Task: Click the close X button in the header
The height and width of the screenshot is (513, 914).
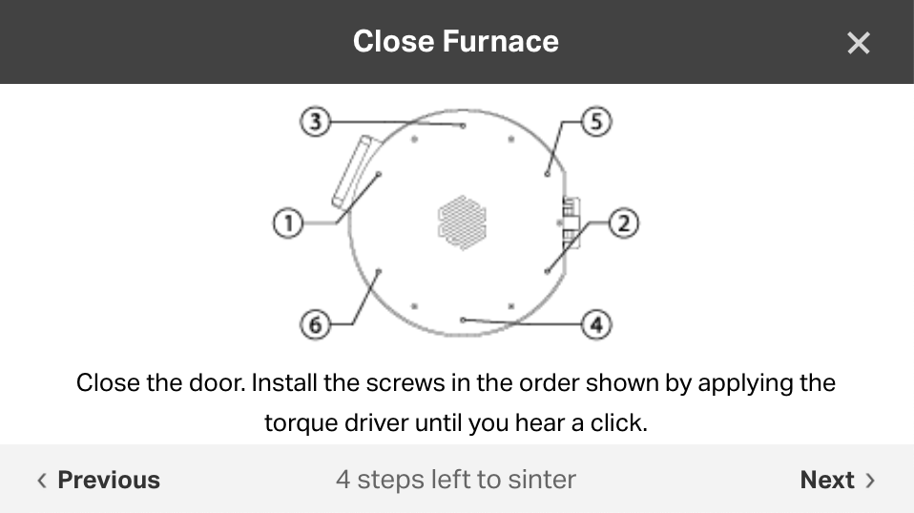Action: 858,43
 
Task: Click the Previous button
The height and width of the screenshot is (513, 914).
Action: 98,480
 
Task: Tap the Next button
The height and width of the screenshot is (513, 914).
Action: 837,480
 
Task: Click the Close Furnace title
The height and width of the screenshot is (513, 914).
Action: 455,42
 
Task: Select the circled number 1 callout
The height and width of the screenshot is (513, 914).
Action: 288,224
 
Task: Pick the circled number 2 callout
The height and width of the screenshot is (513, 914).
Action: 623,224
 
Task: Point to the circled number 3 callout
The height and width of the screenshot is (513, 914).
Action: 316,122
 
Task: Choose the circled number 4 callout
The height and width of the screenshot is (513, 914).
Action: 596,324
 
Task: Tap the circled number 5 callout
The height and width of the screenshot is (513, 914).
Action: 596,122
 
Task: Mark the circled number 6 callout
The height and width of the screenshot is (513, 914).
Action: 316,324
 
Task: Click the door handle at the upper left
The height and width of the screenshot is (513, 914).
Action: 352,172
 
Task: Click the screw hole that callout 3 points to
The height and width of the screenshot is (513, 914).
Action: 463,125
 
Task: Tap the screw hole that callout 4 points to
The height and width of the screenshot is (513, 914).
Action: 463,320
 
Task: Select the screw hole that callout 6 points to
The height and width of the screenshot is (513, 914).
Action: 379,272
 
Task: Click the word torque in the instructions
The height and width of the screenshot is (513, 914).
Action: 300,422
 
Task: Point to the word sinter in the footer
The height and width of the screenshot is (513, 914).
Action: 544,480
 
